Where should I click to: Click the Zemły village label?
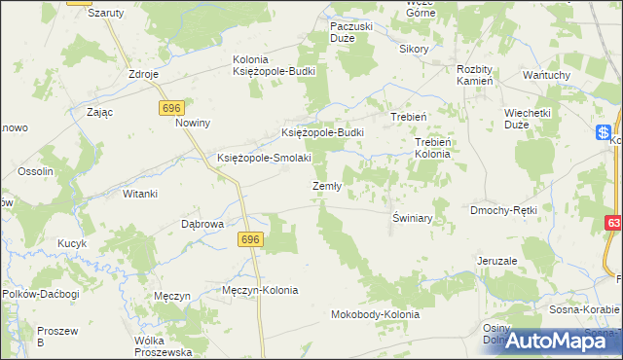click(x=326, y=187)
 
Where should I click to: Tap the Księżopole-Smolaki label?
click(x=264, y=158)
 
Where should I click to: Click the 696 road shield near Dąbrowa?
click(x=251, y=238)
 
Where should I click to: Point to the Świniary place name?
click(x=413, y=218)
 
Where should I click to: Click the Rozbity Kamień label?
click(x=477, y=75)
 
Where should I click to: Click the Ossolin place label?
click(x=35, y=172)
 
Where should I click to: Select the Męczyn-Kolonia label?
click(x=260, y=290)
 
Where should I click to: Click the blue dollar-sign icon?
click(x=604, y=133)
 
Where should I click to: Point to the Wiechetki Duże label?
click(x=530, y=119)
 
